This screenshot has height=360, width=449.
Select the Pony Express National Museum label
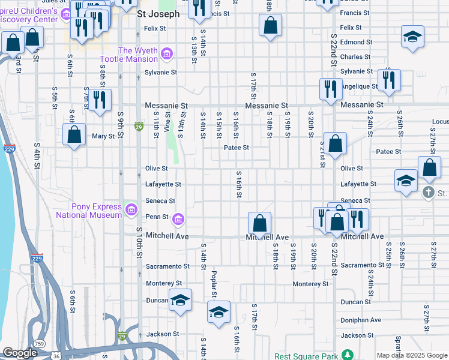[x=89, y=211]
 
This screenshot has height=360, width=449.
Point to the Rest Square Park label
[x=307, y=355]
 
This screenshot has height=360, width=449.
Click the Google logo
[x=20, y=353]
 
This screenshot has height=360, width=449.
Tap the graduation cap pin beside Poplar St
[x=218, y=312]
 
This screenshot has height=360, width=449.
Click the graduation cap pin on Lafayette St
[x=406, y=181]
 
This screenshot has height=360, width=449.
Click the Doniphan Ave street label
[x=361, y=320]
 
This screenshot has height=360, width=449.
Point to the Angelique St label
[x=359, y=86]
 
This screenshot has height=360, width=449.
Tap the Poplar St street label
[x=213, y=283]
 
